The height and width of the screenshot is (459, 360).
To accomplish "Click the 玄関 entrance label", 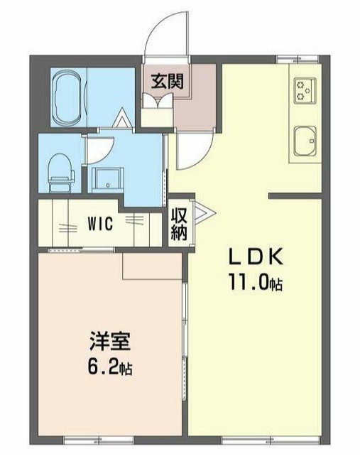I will pos(167,81).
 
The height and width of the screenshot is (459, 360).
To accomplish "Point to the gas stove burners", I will pos(306,89).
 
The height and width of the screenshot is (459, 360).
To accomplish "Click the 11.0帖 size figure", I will pos(255,283).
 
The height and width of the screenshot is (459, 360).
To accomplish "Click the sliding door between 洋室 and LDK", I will pos(186,327).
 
